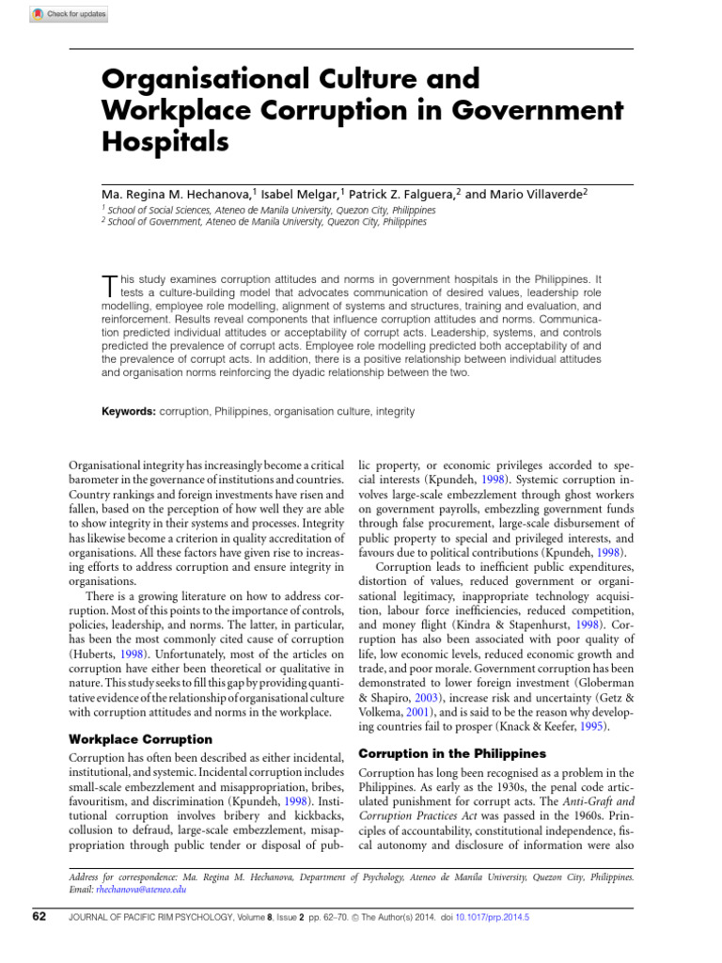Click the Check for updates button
coord(69,14)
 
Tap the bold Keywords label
coord(129,412)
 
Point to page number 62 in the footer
coord(38,916)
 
